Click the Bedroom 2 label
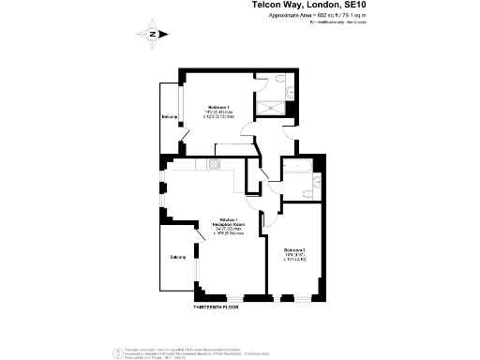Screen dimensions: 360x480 pos(295,249)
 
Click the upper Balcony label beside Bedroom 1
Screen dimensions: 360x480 pos(170,117)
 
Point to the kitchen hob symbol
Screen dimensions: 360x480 pos(214,165)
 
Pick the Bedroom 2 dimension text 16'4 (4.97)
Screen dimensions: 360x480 pos(297,255)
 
